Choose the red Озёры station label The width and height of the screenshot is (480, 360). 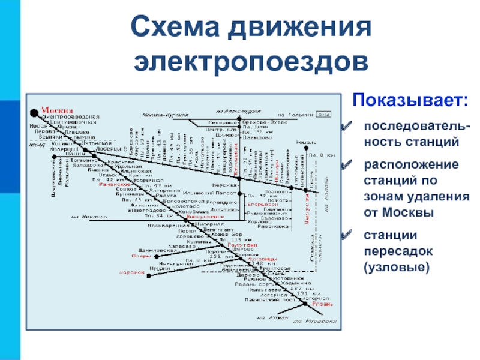click(x=141, y=255)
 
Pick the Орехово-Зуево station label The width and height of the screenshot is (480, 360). click(x=262, y=122)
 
